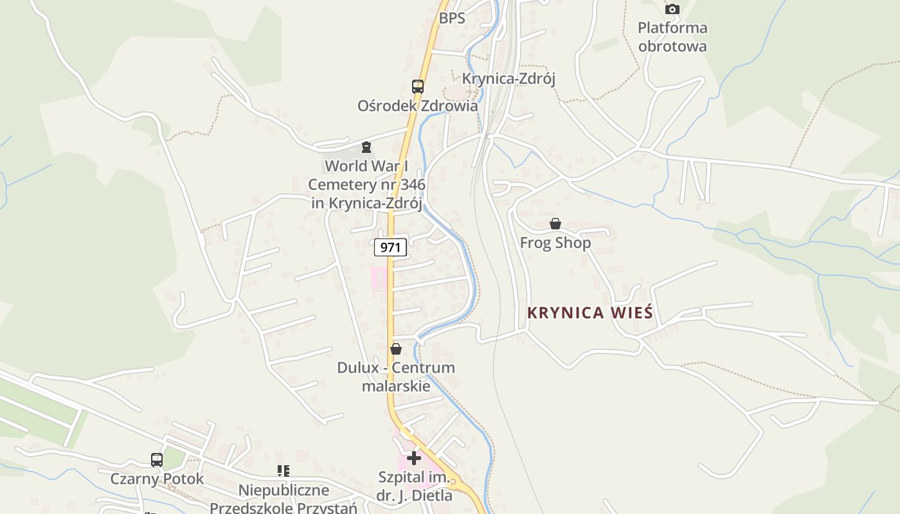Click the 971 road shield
(390, 247)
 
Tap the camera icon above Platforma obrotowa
(672, 9)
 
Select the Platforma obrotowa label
(672, 37)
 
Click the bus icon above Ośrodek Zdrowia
(418, 86)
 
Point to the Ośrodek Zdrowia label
(418, 105)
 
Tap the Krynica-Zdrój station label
(509, 78)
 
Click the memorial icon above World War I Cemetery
(366, 148)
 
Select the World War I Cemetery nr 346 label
(366, 184)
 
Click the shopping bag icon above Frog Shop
(555, 224)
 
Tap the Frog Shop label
(555, 243)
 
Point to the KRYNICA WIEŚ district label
(590, 313)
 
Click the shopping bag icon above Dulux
(396, 349)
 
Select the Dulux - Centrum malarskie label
(396, 377)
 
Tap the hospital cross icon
(414, 458)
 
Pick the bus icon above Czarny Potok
(157, 460)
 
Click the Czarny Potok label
(157, 479)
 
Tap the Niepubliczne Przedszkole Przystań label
(283, 499)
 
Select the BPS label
(452, 18)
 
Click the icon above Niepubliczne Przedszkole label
(283, 471)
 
